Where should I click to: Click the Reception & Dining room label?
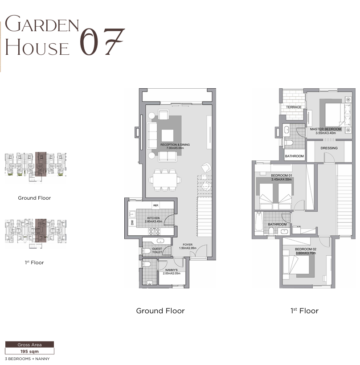[175, 144]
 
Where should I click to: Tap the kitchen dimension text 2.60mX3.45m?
[153, 221]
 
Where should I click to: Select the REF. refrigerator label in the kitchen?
[156, 205]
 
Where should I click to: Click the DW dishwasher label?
[132, 222]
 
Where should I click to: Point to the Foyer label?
[188, 245]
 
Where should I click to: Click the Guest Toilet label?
[157, 250]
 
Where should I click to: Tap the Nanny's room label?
[172, 270]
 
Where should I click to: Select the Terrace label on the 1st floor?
[294, 107]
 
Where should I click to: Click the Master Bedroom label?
[326, 129]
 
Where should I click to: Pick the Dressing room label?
[329, 148]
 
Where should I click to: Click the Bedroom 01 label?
[281, 176]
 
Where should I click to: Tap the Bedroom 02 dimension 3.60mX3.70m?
[306, 253]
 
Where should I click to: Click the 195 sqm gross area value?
[29, 351]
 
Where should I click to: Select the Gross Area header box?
[29, 344]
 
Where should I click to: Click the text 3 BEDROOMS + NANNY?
[27, 359]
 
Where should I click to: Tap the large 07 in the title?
[102, 42]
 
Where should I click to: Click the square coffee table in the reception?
[168, 135]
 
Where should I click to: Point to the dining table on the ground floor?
[165, 180]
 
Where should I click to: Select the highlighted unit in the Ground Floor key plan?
[41, 164]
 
